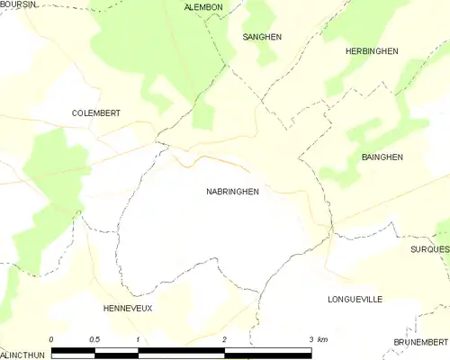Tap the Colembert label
[96, 113]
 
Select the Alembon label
[202, 7]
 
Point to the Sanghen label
[262, 37]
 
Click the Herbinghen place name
[372, 52]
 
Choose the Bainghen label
[382, 157]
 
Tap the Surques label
[429, 248]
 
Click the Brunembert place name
[420, 343]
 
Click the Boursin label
[19, 5]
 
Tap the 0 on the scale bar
[52, 338]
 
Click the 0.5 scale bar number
[94, 338]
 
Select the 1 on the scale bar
[138, 338]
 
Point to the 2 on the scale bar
[224, 338]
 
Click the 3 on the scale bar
[310, 338]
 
